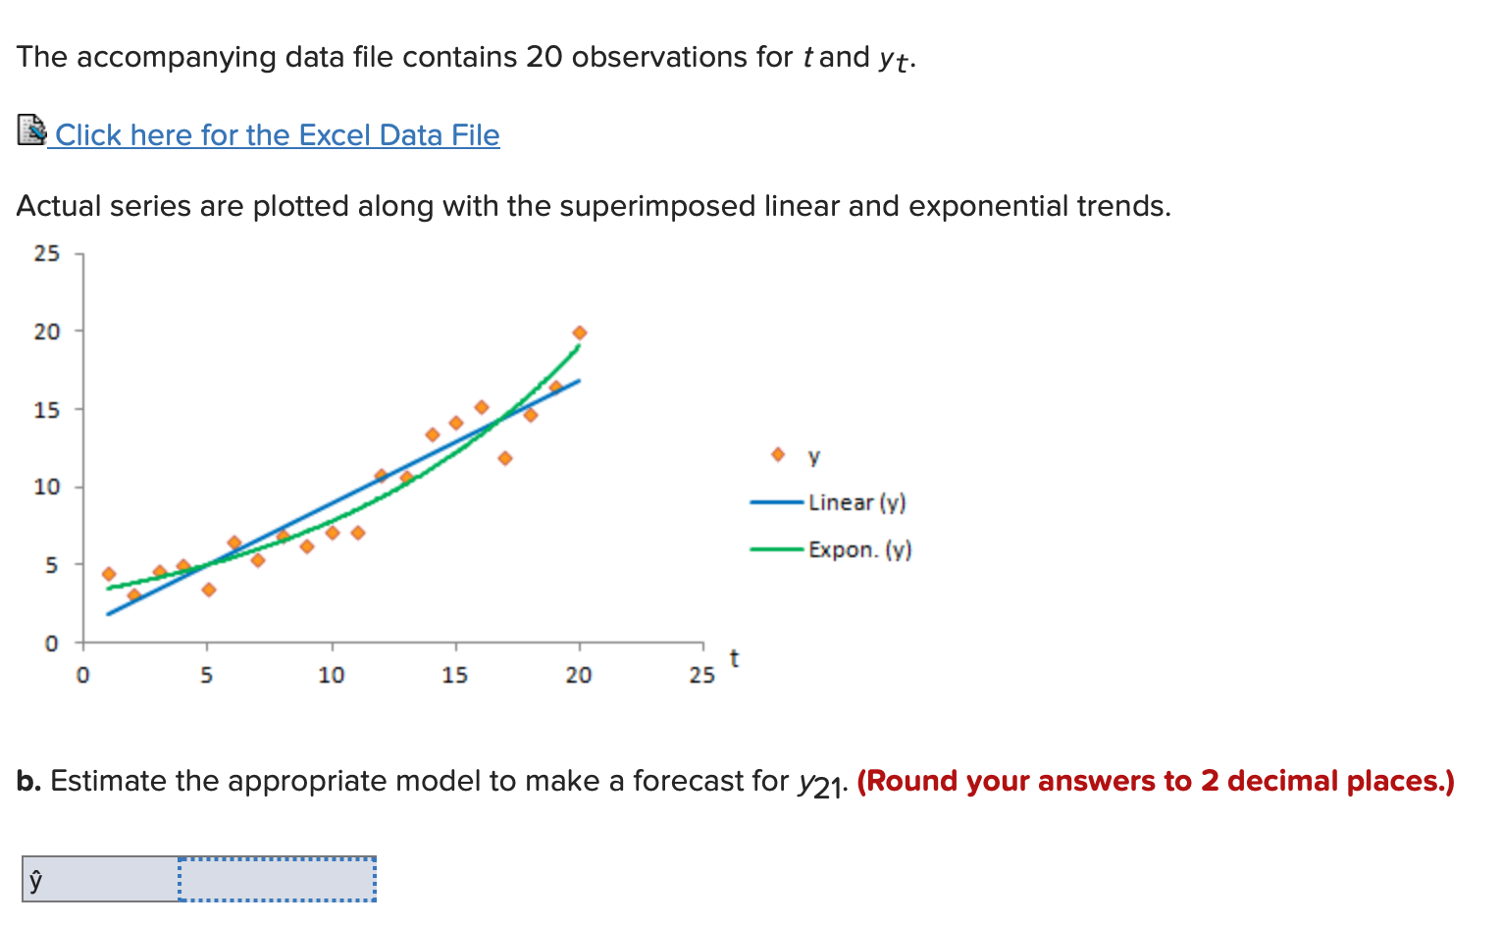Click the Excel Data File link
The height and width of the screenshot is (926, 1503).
point(277,135)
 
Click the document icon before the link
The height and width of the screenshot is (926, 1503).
point(31,129)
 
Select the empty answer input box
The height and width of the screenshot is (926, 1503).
point(278,879)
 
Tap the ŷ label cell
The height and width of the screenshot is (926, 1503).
point(100,879)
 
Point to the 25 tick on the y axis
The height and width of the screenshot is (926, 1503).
point(47,254)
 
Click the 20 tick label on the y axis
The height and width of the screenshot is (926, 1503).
point(47,332)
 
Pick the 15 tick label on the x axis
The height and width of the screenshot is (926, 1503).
point(454,675)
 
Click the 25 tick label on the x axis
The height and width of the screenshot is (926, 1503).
point(701,675)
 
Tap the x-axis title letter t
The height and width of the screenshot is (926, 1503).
point(734,659)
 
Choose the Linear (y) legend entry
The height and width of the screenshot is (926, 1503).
point(856,502)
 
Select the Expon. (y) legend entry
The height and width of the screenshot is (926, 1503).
point(859,549)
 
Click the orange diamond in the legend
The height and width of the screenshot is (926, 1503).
point(778,454)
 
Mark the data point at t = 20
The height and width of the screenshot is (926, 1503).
point(579,333)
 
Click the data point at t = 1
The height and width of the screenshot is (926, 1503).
point(109,574)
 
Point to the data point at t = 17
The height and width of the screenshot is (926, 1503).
point(505,458)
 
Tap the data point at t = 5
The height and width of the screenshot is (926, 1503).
point(208,590)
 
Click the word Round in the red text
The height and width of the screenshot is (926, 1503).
point(909,781)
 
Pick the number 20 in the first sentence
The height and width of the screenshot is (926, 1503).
point(544,57)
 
